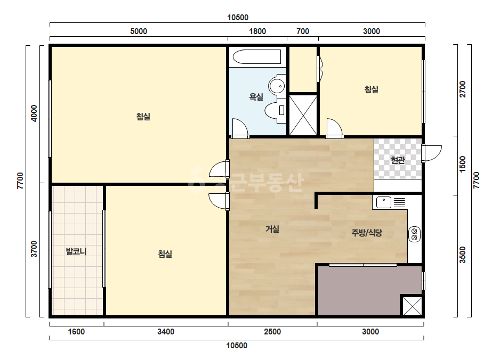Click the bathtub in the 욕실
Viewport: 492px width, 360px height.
point(257,57)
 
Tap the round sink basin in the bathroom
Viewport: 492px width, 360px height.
point(277,86)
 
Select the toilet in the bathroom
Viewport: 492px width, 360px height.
point(276,110)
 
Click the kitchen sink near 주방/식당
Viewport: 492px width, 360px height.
point(383,202)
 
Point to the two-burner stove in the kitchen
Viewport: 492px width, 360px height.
point(414,234)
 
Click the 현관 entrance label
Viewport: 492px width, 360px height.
point(398,160)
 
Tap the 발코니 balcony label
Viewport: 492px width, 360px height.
point(76,251)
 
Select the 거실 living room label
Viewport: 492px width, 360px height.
point(272,229)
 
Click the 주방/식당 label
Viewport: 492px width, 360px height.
point(367,233)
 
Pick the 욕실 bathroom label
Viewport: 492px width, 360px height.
point(256,97)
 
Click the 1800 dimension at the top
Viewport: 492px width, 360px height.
point(257,31)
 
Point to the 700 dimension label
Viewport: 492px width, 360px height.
point(302,31)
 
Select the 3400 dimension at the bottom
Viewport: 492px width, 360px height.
point(166,332)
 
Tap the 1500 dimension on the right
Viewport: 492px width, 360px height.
point(463,164)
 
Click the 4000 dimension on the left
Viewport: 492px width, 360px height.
point(34,113)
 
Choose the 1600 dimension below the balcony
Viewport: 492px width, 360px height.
point(76,332)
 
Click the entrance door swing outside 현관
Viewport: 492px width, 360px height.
point(432,153)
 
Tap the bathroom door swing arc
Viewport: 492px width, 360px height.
point(240,128)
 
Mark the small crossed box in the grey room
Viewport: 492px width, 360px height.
point(412,306)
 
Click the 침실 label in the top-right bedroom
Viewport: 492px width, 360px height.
point(371,89)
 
